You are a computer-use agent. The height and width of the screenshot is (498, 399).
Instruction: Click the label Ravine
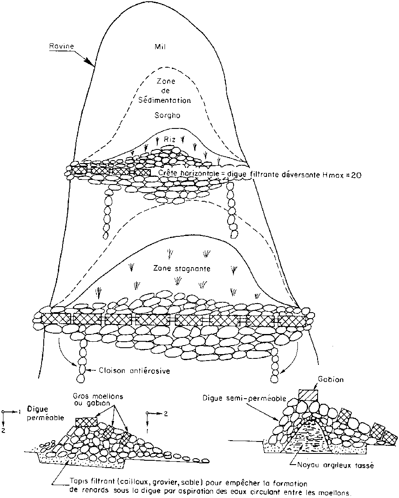click(x=61, y=46)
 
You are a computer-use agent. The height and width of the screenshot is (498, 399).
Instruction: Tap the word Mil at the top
click(x=160, y=47)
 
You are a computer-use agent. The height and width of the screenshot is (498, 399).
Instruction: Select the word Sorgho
click(x=167, y=115)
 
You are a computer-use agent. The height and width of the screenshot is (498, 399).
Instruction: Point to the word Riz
click(x=170, y=139)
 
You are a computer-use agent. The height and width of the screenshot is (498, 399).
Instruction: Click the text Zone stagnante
click(x=182, y=268)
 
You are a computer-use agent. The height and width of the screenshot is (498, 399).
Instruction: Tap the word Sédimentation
click(x=165, y=100)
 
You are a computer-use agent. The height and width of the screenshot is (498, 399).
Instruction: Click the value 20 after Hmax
click(x=356, y=175)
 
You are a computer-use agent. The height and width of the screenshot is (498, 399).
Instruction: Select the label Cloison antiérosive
click(x=134, y=371)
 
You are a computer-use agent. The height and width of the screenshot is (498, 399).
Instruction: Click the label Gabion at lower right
click(x=331, y=379)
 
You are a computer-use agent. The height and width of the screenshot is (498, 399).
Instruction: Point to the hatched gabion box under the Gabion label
click(x=308, y=395)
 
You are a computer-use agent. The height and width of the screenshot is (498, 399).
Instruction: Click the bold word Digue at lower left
click(x=38, y=409)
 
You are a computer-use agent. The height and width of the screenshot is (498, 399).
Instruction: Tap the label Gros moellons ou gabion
click(x=98, y=400)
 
